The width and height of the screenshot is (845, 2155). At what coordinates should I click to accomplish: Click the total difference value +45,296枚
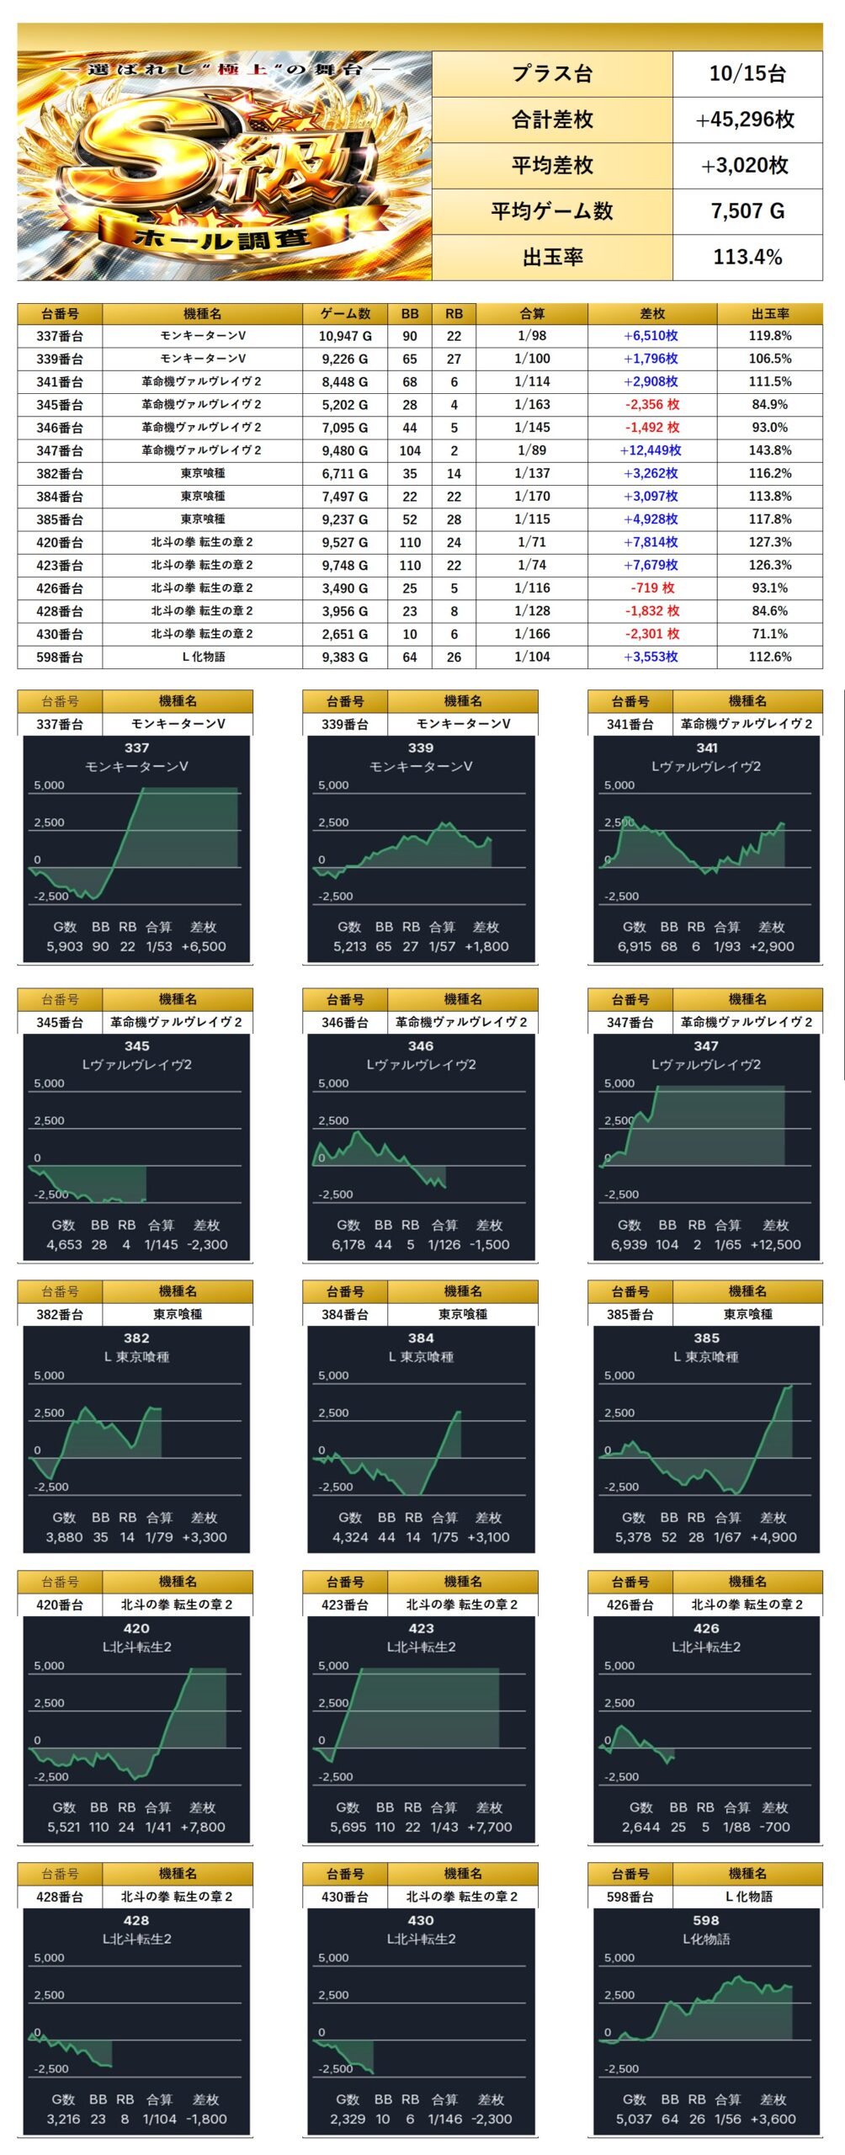746,120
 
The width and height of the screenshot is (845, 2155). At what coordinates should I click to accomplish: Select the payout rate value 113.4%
747,257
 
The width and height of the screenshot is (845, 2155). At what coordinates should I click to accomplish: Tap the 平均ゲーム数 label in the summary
552,211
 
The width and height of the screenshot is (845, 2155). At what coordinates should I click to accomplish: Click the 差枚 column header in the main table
652,314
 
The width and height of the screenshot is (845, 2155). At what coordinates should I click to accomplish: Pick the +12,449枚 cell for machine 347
651,450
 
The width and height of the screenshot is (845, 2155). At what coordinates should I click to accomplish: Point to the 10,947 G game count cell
345,336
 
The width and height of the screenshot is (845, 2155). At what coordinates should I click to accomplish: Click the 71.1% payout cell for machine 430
770,634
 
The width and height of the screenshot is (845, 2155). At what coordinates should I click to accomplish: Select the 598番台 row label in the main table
60,657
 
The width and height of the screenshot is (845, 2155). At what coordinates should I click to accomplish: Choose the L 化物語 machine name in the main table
203,657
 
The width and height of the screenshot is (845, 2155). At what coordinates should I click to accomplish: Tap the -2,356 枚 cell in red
652,405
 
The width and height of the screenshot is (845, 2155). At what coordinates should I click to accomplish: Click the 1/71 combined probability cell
532,542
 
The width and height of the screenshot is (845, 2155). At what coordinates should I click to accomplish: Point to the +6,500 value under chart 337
203,946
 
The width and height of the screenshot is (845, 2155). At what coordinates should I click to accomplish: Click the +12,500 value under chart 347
775,1244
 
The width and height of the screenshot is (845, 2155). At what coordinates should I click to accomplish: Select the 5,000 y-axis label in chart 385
619,1375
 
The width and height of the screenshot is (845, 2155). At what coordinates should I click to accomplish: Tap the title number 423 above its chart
421,1628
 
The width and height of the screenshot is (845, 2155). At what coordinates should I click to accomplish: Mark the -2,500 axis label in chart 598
621,2068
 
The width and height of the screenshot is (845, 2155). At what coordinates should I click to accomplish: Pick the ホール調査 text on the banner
222,240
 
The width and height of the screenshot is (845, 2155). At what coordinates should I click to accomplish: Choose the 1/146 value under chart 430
444,2119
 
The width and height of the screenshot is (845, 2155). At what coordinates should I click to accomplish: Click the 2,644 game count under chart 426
641,1827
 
